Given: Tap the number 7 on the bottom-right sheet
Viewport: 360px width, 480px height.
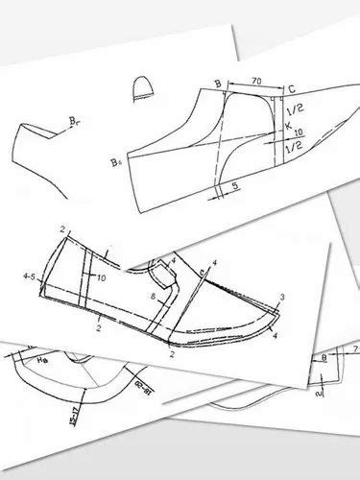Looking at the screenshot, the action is click(355, 352).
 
